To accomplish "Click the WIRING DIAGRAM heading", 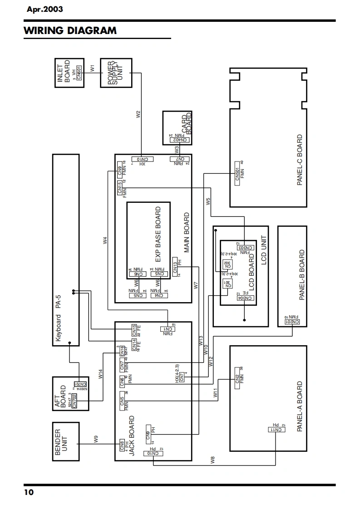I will coord(70,31).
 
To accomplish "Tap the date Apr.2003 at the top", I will coord(45,9).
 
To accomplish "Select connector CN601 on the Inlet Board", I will coord(79,73).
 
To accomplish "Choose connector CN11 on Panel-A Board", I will coord(277,430).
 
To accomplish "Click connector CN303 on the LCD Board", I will coord(245,248).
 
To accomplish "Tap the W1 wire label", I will coord(92,68).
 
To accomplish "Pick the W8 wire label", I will coord(212,460).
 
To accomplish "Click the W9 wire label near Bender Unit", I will coord(96,439).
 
